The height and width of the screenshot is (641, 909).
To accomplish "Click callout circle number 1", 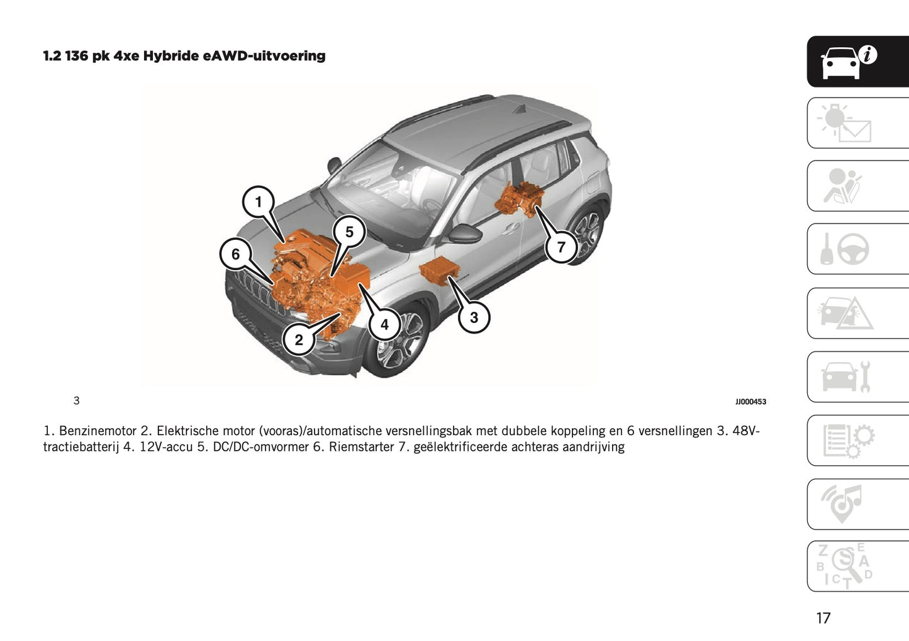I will pos(258,202).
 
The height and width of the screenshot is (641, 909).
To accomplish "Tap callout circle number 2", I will pos(299,340).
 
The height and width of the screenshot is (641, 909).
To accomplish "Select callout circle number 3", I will pos(474,317).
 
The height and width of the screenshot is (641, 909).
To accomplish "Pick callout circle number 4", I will pos(384,325).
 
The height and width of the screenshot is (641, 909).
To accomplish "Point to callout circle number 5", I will pos(349,232).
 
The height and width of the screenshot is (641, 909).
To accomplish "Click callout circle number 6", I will pos(235,254).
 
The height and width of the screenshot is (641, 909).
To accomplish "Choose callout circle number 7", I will pos(561,247).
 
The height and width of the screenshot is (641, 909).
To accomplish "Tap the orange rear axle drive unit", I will pos(519,198).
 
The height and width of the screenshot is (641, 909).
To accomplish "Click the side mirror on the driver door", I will pos(464,234).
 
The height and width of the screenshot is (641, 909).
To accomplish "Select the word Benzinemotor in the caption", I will pos(98,431).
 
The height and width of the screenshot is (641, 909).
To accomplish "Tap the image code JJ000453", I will pos(750,402).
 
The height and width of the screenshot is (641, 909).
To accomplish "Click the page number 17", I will pos(823,618).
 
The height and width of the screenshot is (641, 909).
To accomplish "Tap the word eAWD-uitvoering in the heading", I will pos(264,56).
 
